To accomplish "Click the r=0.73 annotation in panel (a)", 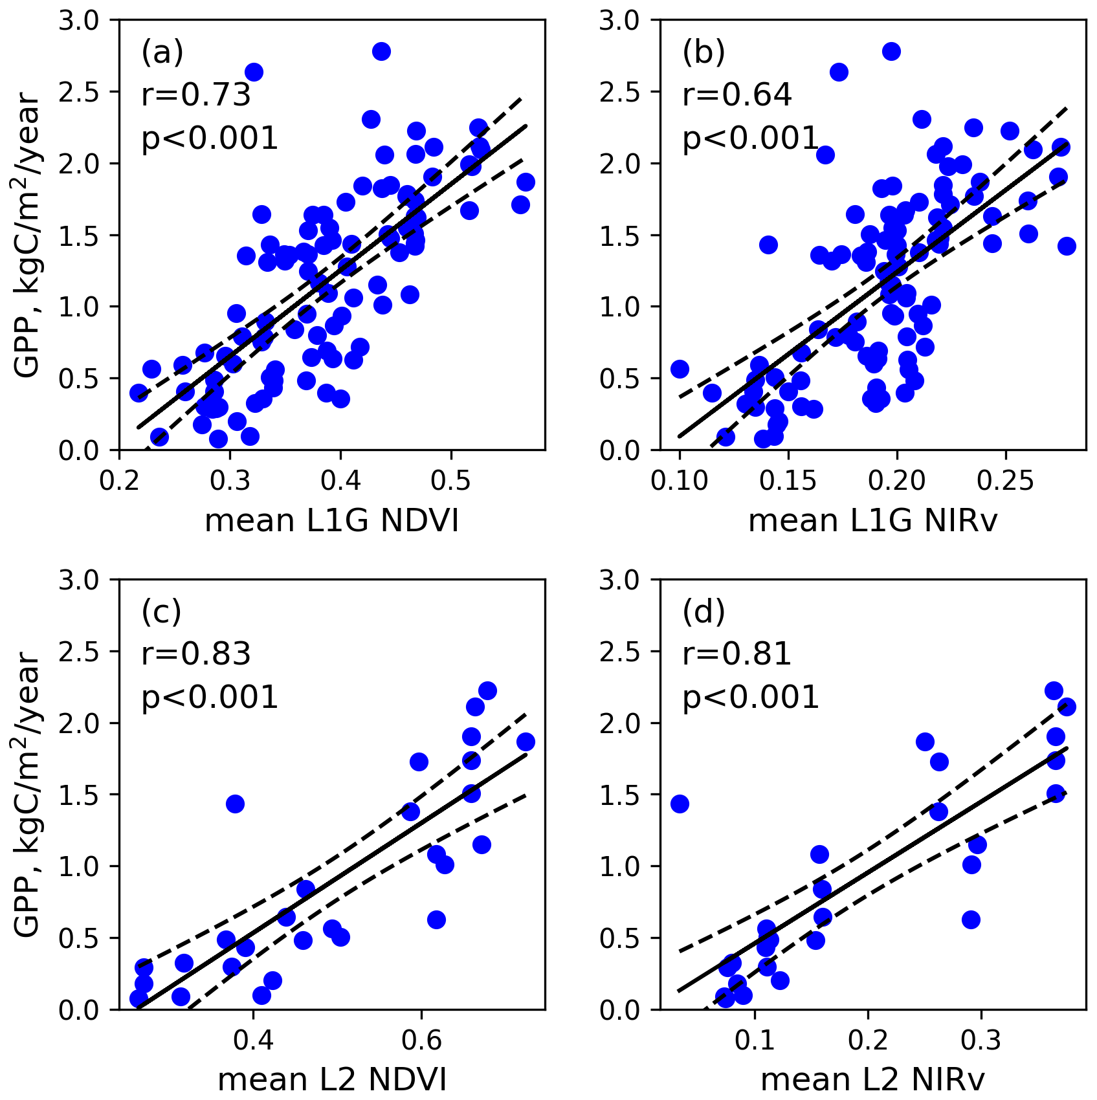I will pyautogui.click(x=195, y=95).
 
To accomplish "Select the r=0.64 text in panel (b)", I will pyautogui.click(x=737, y=95).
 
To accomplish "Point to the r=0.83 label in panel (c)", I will pyautogui.click(x=195, y=654).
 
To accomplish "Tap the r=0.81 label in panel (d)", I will pyautogui.click(x=737, y=654).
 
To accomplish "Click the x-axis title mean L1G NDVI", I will pyautogui.click(x=331, y=520).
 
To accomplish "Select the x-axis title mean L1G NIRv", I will pyautogui.click(x=872, y=520).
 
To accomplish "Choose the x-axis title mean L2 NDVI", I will pyautogui.click(x=331, y=1079).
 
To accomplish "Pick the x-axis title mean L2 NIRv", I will pyautogui.click(x=872, y=1079).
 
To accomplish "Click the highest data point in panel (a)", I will pyautogui.click(x=381, y=52).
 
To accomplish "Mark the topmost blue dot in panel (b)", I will pyautogui.click(x=891, y=52).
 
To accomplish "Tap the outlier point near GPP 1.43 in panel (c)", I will pyautogui.click(x=235, y=804).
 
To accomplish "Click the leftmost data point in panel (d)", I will pyautogui.click(x=680, y=804).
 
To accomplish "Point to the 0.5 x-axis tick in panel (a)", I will pyautogui.click(x=450, y=481).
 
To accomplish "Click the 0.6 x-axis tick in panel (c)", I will pyautogui.click(x=421, y=1040).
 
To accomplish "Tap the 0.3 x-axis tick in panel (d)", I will pyautogui.click(x=981, y=1040).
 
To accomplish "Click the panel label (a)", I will pyautogui.click(x=162, y=52).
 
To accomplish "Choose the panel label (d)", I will pyautogui.click(x=704, y=611).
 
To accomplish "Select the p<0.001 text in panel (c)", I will pyautogui.click(x=210, y=698).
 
